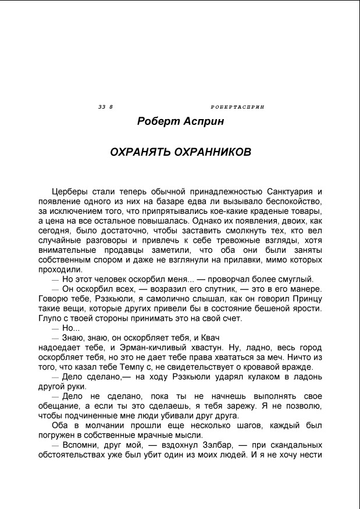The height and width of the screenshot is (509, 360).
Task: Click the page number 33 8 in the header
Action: click(105, 108)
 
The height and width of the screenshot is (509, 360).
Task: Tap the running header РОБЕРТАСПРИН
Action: click(237, 108)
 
